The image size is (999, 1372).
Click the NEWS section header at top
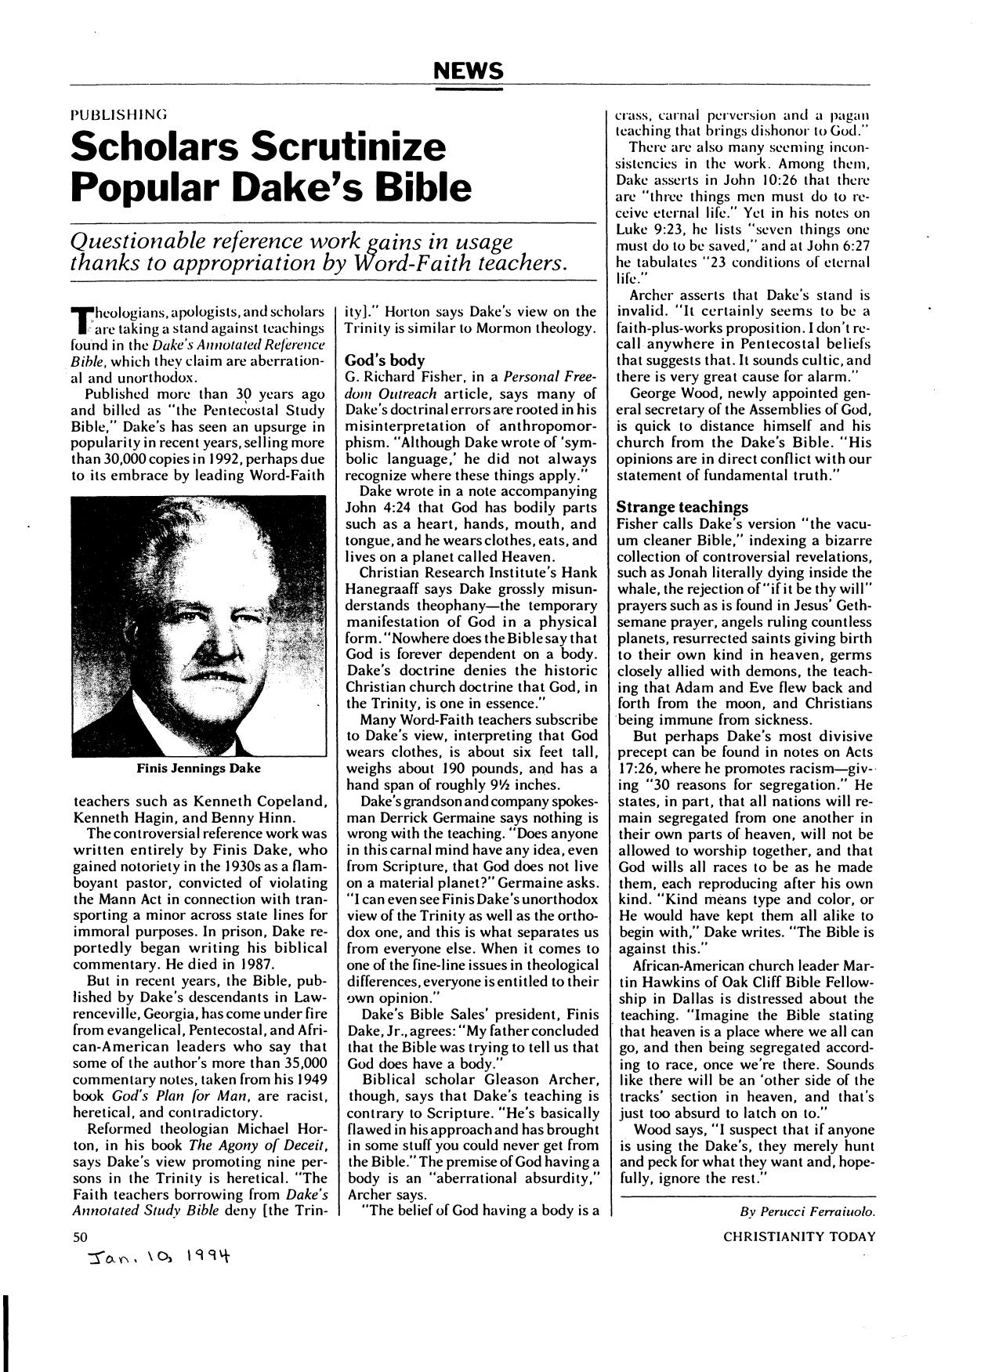click(x=469, y=72)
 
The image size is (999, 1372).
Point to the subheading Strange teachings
click(x=682, y=507)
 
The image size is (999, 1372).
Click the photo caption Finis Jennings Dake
click(x=199, y=768)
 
